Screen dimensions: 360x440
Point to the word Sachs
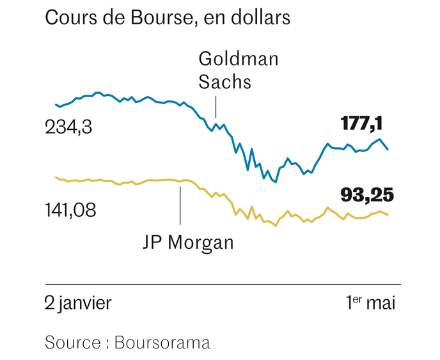[224, 82]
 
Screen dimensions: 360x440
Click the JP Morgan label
[187, 242]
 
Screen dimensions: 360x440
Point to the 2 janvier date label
[77, 302]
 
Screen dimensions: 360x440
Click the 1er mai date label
[370, 302]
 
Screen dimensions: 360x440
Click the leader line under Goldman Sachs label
[216, 107]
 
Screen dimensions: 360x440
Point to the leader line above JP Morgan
[180, 205]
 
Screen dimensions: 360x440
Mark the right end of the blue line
[388, 150]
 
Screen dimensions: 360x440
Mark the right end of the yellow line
[388, 215]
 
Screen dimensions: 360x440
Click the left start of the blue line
[56, 104]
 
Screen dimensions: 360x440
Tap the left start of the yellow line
[56, 177]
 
